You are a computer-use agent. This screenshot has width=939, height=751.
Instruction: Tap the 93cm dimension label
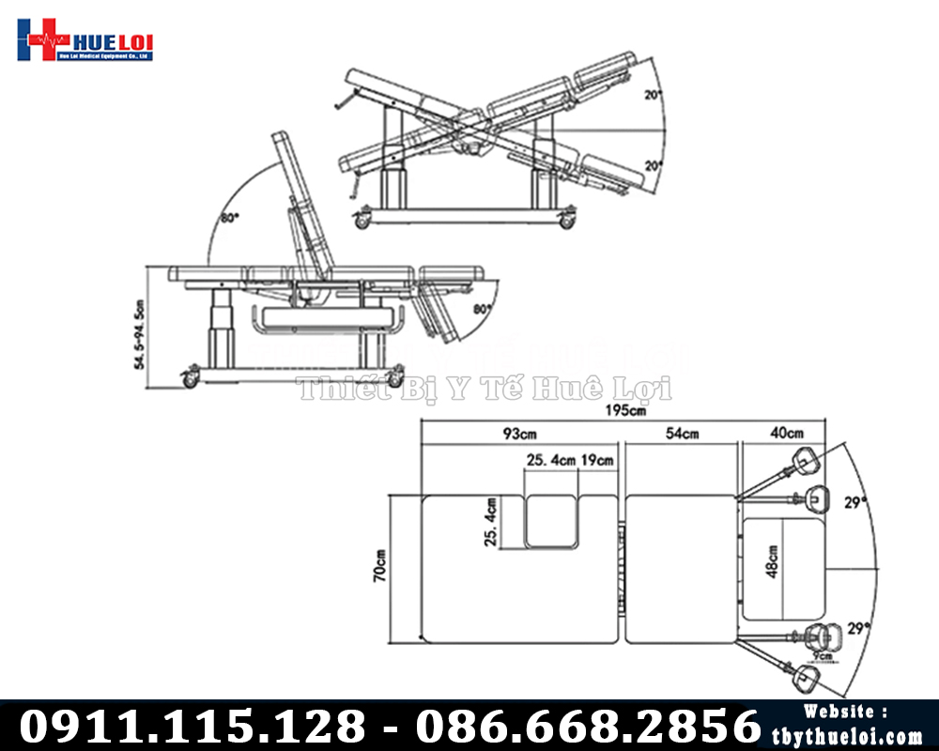pyautogui.click(x=517, y=435)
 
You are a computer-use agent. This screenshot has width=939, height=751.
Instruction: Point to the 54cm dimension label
pyautogui.click(x=683, y=435)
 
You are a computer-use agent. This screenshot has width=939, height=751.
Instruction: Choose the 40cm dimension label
pyautogui.click(x=786, y=435)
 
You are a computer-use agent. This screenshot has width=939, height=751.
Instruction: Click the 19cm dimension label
pyautogui.click(x=596, y=461)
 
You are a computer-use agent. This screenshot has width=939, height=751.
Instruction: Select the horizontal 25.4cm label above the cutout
pyautogui.click(x=550, y=461)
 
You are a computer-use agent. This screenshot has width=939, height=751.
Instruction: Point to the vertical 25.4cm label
pyautogui.click(x=492, y=522)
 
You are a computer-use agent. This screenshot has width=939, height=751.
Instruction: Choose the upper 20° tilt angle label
pyautogui.click(x=654, y=95)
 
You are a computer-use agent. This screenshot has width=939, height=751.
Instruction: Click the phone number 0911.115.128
pyautogui.click(x=192, y=727)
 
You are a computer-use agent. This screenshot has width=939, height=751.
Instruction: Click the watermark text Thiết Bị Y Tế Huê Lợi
pyautogui.click(x=484, y=388)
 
